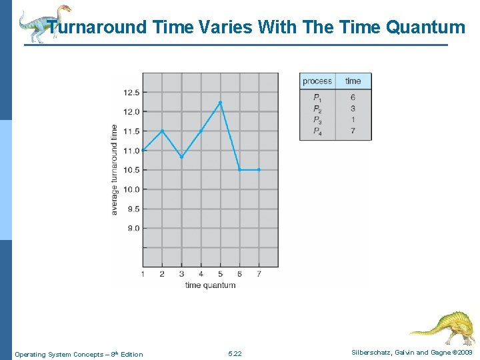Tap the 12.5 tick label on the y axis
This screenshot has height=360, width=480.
(x=131, y=92)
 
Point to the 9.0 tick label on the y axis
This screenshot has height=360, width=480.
(x=133, y=228)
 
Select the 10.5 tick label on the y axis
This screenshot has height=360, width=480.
(x=131, y=170)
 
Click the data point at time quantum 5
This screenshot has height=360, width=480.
(x=220, y=102)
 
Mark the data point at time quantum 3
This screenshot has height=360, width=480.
(x=181, y=157)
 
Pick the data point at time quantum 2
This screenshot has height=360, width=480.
(x=163, y=131)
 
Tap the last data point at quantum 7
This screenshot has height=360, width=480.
(x=259, y=170)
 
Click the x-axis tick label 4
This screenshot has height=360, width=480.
(x=201, y=274)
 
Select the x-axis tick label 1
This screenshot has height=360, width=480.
(x=143, y=274)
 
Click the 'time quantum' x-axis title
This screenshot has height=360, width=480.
(x=210, y=285)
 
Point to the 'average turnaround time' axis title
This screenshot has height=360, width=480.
(x=115, y=169)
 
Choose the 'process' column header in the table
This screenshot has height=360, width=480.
(x=317, y=81)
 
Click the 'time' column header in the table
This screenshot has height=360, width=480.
(x=353, y=81)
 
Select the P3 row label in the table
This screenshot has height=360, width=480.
(x=317, y=120)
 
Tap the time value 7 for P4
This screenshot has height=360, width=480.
(x=353, y=131)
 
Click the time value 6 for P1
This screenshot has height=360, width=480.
(x=353, y=97)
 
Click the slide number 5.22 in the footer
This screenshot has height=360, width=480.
(x=235, y=353)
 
